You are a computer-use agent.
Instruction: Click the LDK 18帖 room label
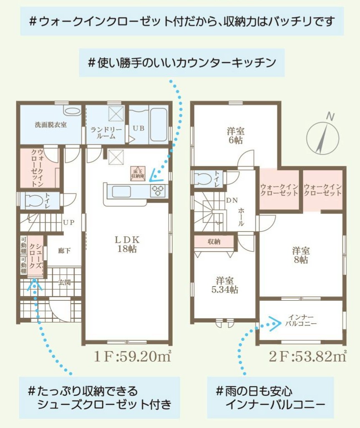click(x=127, y=244)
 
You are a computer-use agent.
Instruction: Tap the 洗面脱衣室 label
click(x=51, y=125)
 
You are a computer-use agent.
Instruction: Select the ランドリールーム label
click(x=106, y=133)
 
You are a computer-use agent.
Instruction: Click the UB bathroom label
click(x=138, y=128)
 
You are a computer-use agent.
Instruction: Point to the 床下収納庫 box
click(x=137, y=174)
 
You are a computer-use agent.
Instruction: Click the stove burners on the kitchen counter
click(x=158, y=190)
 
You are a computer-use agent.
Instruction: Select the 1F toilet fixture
click(x=33, y=200)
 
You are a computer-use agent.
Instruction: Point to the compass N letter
click(x=330, y=116)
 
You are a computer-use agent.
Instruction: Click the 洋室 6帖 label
click(x=236, y=136)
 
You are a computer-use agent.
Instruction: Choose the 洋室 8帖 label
click(x=301, y=255)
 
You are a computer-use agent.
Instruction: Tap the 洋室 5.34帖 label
click(x=224, y=285)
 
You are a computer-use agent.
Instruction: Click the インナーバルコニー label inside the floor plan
click(x=301, y=320)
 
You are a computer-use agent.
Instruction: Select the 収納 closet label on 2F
click(x=214, y=242)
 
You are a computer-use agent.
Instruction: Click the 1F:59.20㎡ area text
click(x=133, y=357)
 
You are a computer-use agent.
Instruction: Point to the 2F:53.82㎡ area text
click(x=308, y=357)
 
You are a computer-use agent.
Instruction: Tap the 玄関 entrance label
click(x=64, y=282)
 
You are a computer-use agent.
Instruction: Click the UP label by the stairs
click(x=68, y=222)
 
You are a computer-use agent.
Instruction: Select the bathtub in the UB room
click(x=159, y=125)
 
